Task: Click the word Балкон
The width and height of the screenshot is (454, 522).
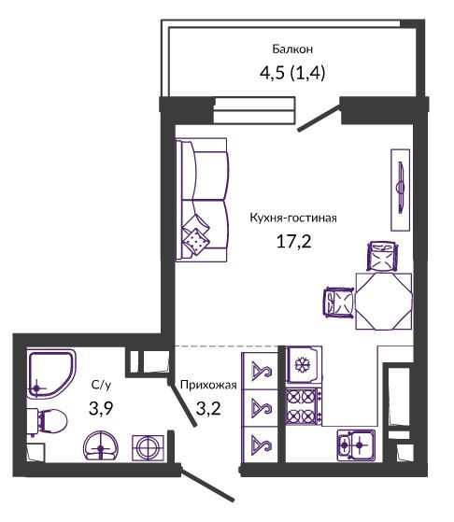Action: coord(292,49)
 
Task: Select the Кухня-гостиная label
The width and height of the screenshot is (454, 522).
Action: coord(293,219)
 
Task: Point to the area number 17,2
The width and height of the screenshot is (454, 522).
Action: coord(293,241)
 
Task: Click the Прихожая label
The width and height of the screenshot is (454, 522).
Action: coord(208,385)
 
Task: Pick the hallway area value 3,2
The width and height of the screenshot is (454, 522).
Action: coord(208,408)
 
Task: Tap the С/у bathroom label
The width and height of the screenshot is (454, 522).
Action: coord(101,385)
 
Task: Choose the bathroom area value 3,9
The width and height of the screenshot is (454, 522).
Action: coord(101,408)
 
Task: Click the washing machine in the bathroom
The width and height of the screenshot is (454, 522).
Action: coord(148,447)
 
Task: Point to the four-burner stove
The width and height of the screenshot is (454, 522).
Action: coord(304,406)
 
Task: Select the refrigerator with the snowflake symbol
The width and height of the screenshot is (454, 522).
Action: coord(304,365)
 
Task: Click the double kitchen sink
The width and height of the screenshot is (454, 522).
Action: coord(356,444)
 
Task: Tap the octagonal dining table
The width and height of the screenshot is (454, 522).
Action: coord(384,302)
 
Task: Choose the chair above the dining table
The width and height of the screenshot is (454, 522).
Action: coord(382,257)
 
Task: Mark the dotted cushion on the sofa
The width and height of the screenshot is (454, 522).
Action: coord(196,240)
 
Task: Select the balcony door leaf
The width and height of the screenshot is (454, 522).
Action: coord(319,119)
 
